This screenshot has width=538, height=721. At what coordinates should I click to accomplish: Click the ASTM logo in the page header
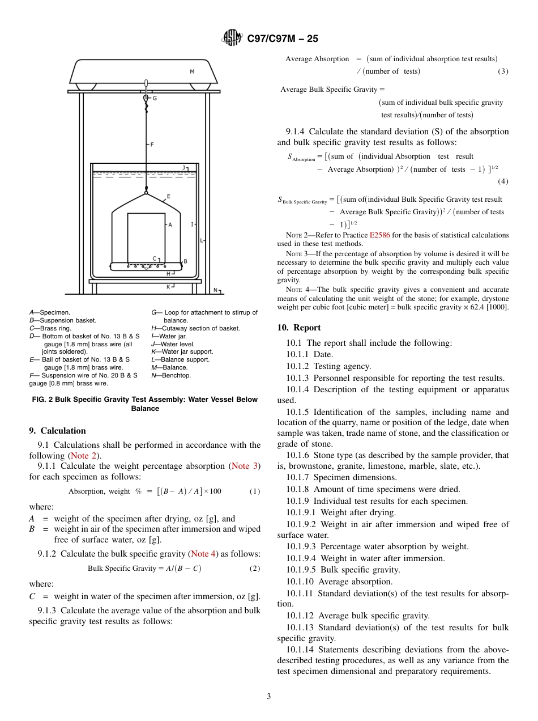pos(232,38)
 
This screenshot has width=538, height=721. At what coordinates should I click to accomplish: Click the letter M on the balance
pos(192,72)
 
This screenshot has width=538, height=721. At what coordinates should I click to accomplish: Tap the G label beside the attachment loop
pos(155,98)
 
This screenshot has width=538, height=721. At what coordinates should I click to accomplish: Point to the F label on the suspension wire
pos(152,145)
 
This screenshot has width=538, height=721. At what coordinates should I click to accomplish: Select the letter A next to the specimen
pos(170,224)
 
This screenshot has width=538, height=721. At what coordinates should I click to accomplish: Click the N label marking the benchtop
pos(215,290)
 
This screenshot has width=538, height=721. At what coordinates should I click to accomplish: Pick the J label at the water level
pos(184,168)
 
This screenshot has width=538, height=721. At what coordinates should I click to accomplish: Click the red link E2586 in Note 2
pos(379,235)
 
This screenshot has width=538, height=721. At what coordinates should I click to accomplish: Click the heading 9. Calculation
pos(57,431)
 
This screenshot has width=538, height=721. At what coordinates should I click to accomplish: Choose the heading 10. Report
pos(298,328)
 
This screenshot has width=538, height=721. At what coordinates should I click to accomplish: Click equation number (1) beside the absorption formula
pos(255,491)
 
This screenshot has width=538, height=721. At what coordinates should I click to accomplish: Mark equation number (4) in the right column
pos(503,181)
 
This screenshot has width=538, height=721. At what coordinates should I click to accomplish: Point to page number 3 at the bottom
pos(268,696)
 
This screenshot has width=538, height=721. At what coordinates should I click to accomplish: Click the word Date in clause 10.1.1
pos(323,354)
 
